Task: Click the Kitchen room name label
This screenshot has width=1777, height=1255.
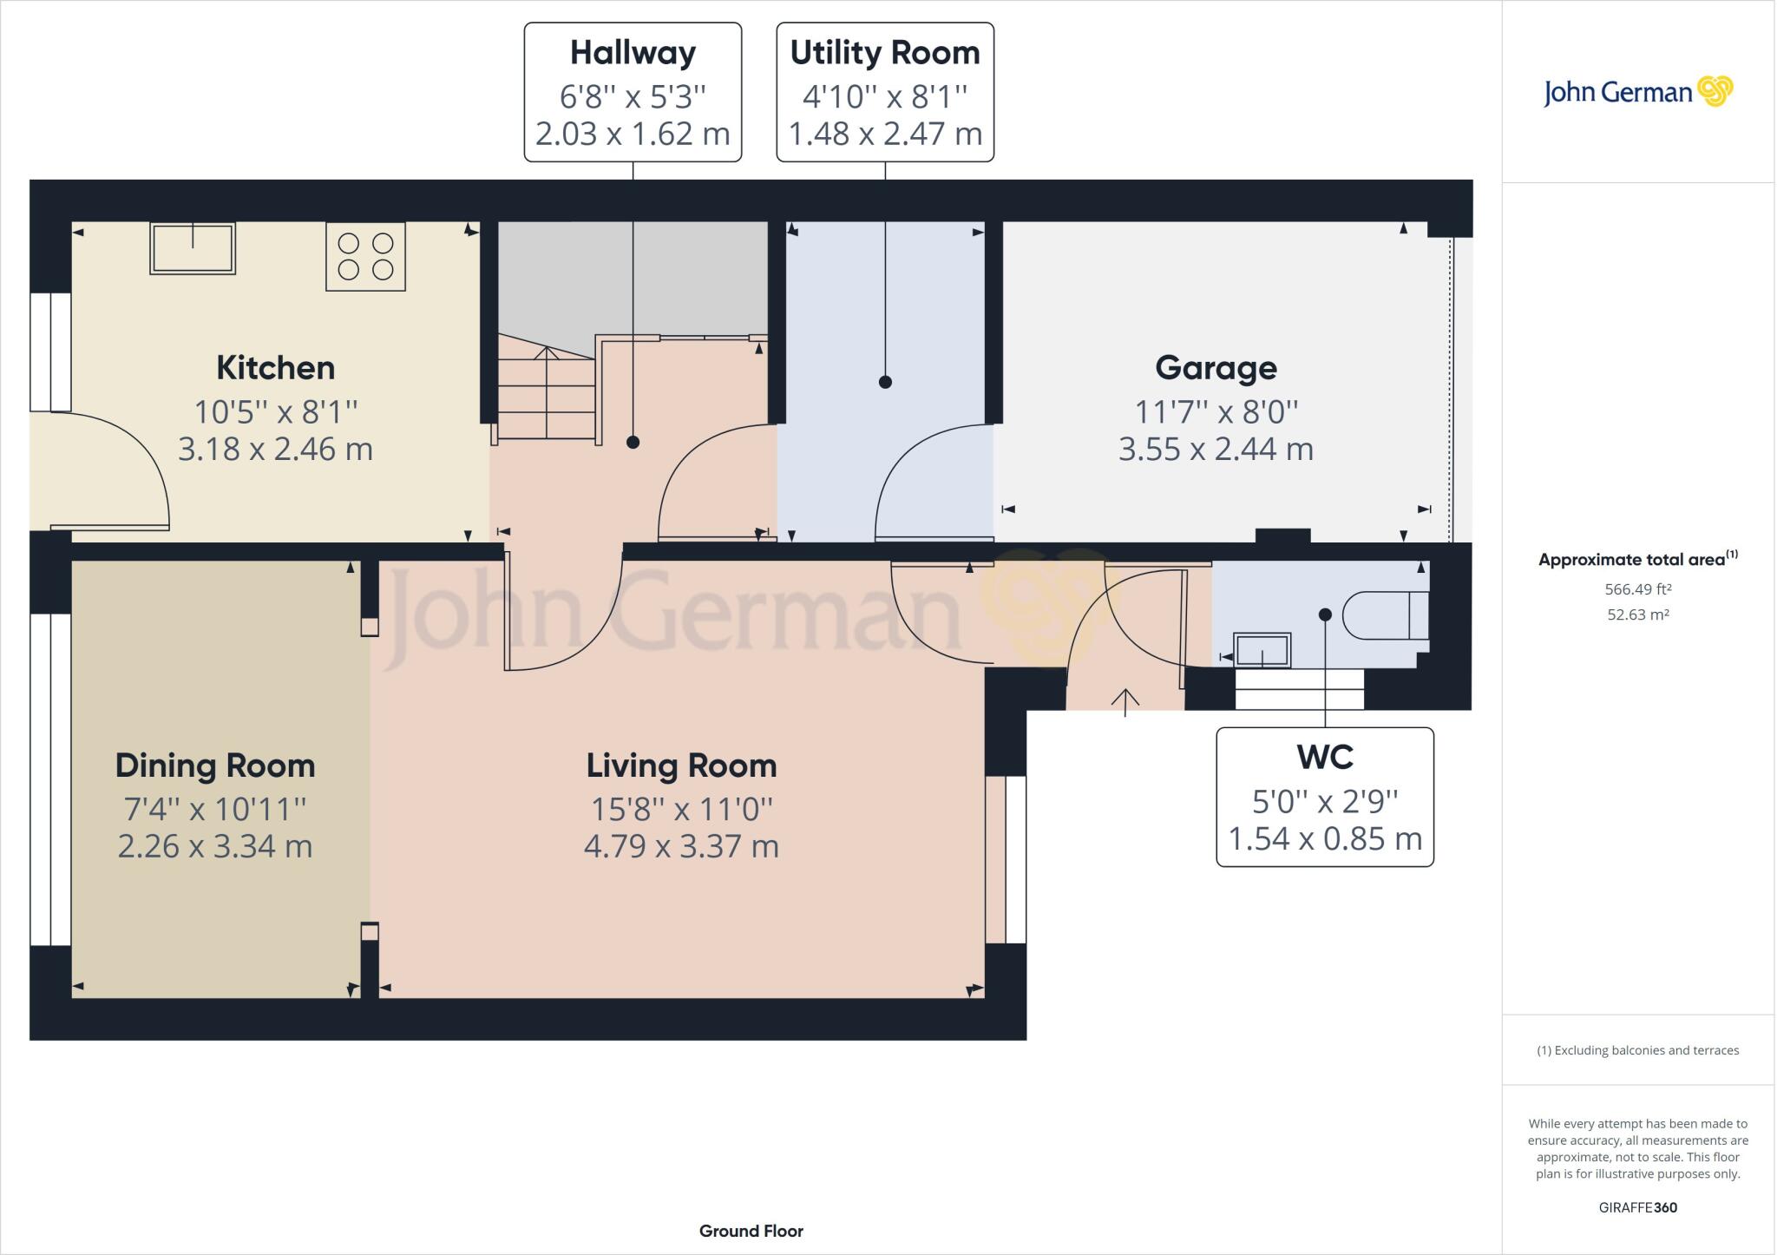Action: (275, 368)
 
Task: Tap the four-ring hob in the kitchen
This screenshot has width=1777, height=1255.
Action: (365, 256)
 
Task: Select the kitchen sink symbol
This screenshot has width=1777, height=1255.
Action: (193, 248)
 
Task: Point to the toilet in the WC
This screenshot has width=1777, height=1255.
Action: (1385, 615)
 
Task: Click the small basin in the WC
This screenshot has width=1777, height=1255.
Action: (1262, 650)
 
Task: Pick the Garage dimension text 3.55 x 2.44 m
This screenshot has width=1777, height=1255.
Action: (1215, 450)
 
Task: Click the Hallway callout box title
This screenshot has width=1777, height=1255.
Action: (633, 53)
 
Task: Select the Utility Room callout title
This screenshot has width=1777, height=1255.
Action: (884, 53)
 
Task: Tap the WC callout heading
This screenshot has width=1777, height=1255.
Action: (1324, 758)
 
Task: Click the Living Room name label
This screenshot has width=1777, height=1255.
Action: (681, 765)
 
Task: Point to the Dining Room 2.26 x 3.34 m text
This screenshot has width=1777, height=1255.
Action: (214, 846)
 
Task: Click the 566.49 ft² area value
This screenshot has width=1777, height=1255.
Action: (1637, 589)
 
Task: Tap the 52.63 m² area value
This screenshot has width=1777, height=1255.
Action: (1637, 614)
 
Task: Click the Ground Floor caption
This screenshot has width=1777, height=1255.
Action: (751, 1231)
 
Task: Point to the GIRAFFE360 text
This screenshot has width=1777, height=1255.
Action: (1637, 1207)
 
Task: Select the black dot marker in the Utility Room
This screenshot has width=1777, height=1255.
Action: (885, 382)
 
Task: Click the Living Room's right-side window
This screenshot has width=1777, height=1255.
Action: (1007, 859)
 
